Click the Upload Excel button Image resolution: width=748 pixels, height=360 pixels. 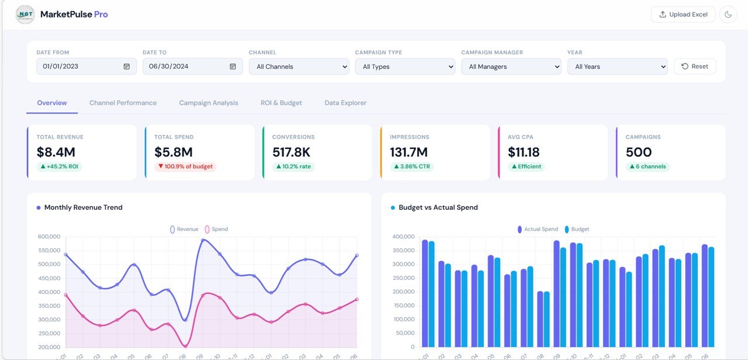pos(683,15)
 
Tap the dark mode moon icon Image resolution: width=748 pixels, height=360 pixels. pos(728,15)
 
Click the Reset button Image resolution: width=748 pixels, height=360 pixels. pos(694,67)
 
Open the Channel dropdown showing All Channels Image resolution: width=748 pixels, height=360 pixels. pos(299,67)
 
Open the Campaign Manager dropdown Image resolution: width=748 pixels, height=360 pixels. pos(511,67)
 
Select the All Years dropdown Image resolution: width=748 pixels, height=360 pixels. pos(617,67)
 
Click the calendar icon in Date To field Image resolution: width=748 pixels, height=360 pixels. pos(233,67)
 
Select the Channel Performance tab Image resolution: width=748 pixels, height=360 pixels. pos(123,103)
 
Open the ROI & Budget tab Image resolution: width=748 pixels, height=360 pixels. pos(281,103)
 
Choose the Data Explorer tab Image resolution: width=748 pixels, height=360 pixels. pos(345,103)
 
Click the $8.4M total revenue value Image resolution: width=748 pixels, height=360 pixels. pos(56,153)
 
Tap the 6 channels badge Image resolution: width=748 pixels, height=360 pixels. pos(647,167)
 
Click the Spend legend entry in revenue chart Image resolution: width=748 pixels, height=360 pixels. pos(216,229)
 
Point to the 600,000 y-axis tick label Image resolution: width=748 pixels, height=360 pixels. pos(49,237)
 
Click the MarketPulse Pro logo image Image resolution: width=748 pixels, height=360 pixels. pos(25,15)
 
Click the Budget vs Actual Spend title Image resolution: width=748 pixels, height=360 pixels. pos(438,207)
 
